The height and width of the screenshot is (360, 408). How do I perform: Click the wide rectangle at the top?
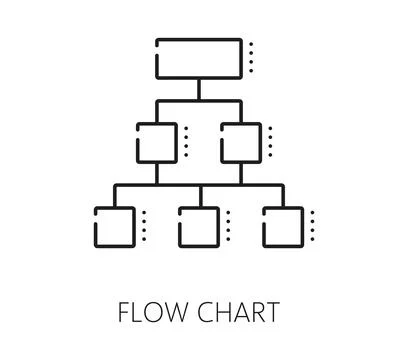tap(199, 58)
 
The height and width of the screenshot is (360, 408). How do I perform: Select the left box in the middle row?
tap(156, 141)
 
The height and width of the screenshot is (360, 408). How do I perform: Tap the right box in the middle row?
tap(240, 141)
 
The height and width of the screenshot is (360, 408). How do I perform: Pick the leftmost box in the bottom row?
tap(113, 226)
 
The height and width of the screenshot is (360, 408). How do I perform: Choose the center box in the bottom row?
tap(198, 226)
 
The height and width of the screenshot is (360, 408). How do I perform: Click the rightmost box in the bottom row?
tap(283, 226)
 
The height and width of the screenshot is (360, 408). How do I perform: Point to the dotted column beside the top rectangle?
tap(251, 58)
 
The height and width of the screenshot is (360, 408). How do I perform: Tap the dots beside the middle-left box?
tap(186, 141)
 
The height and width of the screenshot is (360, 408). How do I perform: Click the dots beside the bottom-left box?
tap(144, 226)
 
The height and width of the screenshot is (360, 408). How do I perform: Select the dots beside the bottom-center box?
tap(228, 226)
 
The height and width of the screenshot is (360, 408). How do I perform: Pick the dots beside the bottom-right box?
tap(312, 226)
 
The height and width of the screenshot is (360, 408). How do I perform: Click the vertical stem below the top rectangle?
tap(199, 89)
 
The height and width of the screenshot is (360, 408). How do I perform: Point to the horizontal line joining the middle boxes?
tap(199, 101)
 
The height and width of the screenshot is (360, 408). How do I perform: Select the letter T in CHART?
tap(272, 312)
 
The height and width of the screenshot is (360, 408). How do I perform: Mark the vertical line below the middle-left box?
tap(156, 173)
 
